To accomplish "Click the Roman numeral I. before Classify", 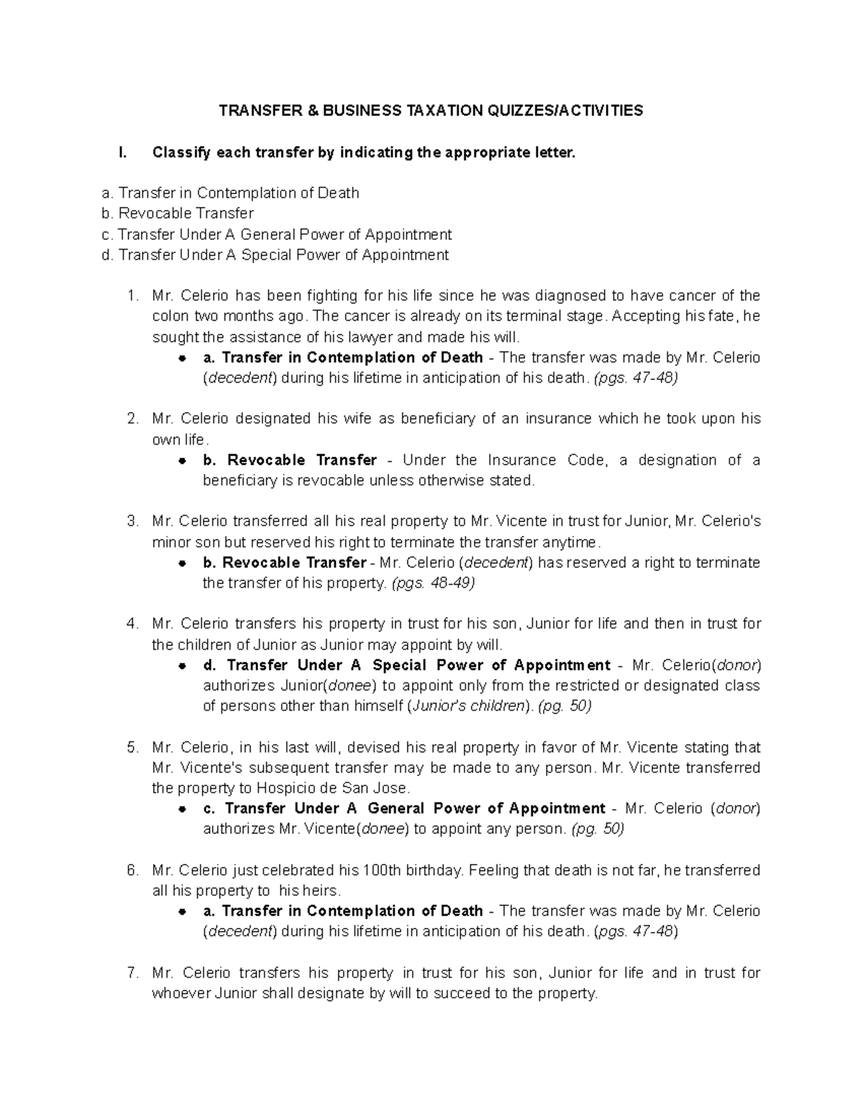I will [122, 152].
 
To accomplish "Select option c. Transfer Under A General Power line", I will [277, 234].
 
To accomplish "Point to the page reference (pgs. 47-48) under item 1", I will [635, 378].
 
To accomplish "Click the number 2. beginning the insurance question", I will [132, 419].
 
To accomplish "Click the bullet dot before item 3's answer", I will [183, 563].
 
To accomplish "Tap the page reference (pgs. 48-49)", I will [432, 583].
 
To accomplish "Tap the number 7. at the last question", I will [132, 973].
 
